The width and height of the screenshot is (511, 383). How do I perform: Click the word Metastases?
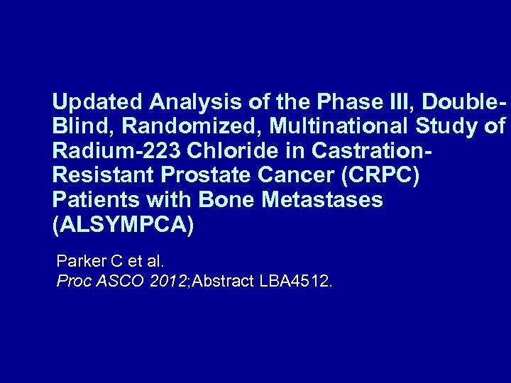(322, 201)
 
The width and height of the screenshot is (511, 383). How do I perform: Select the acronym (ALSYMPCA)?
(122, 226)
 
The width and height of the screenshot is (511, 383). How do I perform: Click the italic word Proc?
(72, 282)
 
